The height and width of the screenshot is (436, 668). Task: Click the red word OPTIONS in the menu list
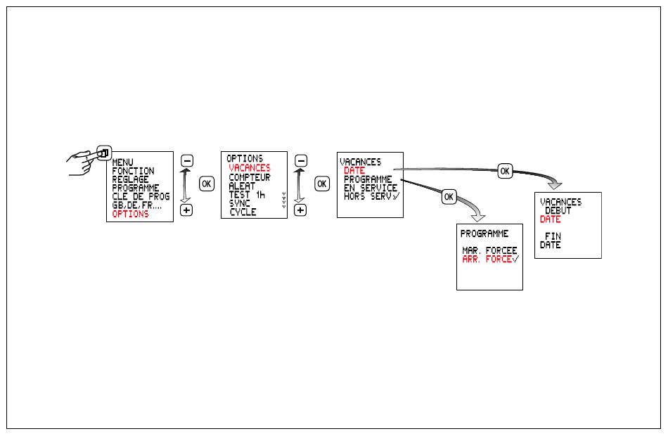[130, 214]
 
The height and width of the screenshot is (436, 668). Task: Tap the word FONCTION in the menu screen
[133, 171]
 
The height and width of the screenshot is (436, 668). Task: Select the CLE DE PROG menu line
[141, 196]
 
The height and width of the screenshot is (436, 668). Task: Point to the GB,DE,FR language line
[136, 205]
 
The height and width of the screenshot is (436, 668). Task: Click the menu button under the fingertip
[104, 153]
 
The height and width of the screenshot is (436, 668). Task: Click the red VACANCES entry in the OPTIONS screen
[250, 168]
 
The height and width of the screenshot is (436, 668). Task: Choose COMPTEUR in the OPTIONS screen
[250, 177]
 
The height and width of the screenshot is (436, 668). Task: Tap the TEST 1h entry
[247, 195]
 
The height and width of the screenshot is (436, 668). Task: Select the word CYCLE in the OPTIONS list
[243, 212]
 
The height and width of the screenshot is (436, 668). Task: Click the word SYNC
[239, 203]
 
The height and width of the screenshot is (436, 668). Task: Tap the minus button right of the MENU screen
[187, 160]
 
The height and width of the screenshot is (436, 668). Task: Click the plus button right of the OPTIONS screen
[300, 210]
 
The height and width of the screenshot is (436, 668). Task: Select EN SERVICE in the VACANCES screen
[371, 188]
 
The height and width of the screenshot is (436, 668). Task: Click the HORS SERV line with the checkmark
[372, 196]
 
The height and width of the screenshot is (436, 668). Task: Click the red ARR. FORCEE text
[490, 259]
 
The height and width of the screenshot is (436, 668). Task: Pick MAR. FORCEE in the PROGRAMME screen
[489, 250]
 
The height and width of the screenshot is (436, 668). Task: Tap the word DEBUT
[558, 210]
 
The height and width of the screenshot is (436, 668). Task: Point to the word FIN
[553, 236]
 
